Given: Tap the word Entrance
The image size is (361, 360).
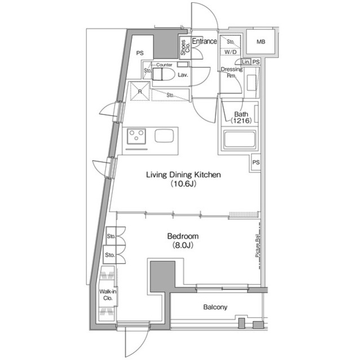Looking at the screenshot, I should coord(204,41).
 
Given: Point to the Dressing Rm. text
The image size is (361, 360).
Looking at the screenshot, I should coord(231,73).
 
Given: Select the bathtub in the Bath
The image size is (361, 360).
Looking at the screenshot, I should coord(239,140).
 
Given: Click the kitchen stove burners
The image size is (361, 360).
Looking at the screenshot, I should coord(136,136).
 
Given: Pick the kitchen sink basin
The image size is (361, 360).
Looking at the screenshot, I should coord(164,136).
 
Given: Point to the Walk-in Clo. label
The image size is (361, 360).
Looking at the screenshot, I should coord(107,295).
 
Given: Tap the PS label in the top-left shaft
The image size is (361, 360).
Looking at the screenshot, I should coord(140,53).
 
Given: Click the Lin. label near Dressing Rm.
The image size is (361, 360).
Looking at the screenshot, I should coord(246,61).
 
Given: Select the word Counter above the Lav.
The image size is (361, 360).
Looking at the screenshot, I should coord(164,65).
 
